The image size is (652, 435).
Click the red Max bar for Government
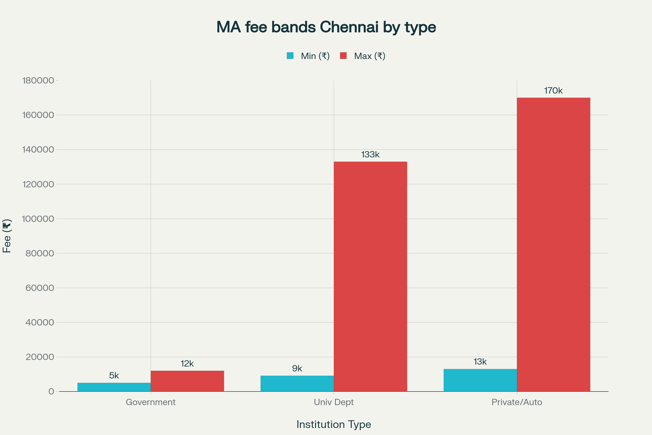click(187, 381)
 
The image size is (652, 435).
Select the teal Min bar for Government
click(114, 387)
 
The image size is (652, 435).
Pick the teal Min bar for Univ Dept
click(297, 383)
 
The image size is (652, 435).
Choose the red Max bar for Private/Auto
click(553, 244)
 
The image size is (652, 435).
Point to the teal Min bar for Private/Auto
click(480, 380)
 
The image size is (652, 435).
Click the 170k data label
click(553, 91)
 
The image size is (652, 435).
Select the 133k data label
click(370, 154)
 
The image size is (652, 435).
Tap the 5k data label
click(114, 376)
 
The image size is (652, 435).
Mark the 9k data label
click(297, 368)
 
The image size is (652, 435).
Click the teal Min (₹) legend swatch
click(290, 56)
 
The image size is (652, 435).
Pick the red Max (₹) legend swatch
click(343, 56)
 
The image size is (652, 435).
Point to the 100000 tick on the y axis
click(38, 219)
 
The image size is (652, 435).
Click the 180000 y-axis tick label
click(38, 80)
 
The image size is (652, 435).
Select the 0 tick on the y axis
click(51, 391)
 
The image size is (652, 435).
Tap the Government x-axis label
click(151, 402)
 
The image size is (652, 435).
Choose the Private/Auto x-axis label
click(517, 402)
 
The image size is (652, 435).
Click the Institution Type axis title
click(334, 424)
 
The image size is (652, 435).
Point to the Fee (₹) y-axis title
click(7, 236)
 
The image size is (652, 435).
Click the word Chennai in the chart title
click(349, 27)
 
